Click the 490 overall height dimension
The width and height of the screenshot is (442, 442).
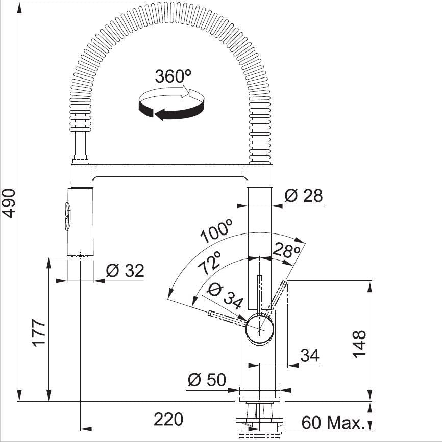point(9,203)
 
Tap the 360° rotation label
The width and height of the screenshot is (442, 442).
point(173,76)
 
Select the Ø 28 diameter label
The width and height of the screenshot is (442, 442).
point(303,195)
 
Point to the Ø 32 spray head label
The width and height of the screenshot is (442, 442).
point(125,270)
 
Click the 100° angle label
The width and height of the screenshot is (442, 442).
point(216,230)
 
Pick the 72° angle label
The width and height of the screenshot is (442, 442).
point(209,263)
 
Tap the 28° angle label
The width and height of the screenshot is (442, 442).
point(286,250)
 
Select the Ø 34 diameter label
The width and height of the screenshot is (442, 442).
point(225,296)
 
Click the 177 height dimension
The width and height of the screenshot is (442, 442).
point(38,332)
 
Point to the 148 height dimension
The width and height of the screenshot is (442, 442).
point(359,344)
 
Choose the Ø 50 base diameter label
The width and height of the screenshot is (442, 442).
point(207,380)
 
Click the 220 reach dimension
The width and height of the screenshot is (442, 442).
point(168,419)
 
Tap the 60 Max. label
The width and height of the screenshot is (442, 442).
point(332,422)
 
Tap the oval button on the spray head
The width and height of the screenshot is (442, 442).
point(67,217)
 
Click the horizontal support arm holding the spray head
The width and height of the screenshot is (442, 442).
point(170,171)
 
